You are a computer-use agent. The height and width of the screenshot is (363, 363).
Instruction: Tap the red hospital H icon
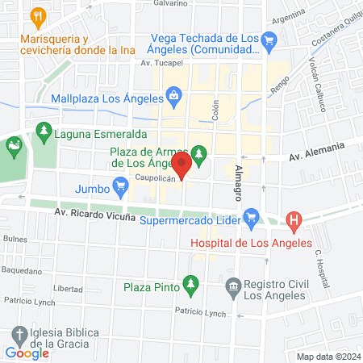pyautogui.click(x=294, y=219)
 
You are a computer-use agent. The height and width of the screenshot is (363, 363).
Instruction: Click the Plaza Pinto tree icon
pyautogui.click(x=190, y=283)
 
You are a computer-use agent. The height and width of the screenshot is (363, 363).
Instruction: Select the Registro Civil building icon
pyautogui.click(x=233, y=285)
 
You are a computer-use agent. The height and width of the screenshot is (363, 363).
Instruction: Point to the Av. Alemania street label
pyautogui.click(x=315, y=150)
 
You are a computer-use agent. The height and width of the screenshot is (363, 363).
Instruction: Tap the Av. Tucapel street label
pyautogui.click(x=157, y=63)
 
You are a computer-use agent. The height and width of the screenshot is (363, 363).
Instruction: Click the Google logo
pyautogui.click(x=27, y=353)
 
